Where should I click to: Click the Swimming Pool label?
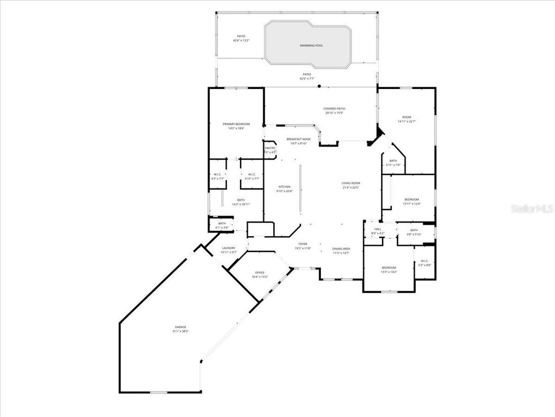coord(311,46)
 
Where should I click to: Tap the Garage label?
coord(180,327)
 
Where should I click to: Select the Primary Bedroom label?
coord(236,124)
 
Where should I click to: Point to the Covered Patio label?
coord(335,109)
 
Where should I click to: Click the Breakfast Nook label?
coord(299,140)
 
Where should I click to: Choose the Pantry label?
coord(270,148)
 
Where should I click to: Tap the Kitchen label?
coord(285,187)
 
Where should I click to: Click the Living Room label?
coord(351,183)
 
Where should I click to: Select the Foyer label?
coord(303,244)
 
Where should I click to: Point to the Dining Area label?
coord(341,249)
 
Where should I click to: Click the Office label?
coord(260,273)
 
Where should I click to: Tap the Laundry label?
coord(229,248)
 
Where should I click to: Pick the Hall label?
coord(378,229)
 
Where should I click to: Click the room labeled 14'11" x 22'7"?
coord(406,122)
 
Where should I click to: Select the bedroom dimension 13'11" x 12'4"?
coord(411,204)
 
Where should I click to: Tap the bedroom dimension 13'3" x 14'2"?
coord(389,271)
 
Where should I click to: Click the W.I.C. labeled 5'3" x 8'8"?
coord(424,264)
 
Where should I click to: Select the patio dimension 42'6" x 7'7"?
coord(307,79)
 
